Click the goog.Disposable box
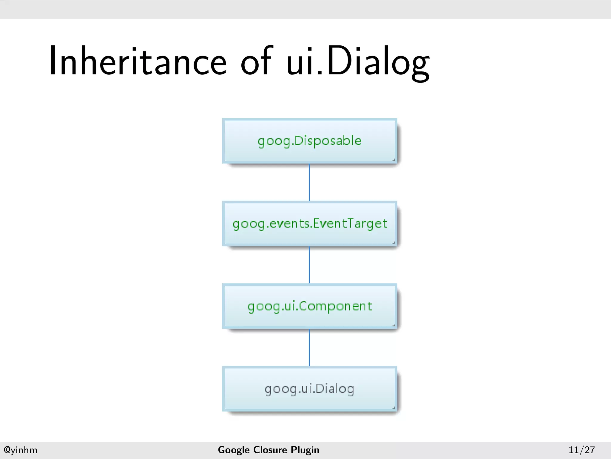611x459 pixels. click(309, 141)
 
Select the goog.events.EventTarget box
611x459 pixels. click(309, 224)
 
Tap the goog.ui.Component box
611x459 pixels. click(309, 306)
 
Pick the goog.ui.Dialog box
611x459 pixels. click(309, 389)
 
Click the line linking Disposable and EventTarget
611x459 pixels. click(309, 182)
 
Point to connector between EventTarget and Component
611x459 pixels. click(309, 265)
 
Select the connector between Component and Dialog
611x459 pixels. click(309, 348)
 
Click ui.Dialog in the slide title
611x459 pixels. click(358, 63)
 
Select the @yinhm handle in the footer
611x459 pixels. click(20, 450)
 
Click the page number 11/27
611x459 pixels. click(581, 450)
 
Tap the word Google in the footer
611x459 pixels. click(234, 450)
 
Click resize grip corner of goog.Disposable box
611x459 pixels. click(394, 160)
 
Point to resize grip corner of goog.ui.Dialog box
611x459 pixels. click(394, 408)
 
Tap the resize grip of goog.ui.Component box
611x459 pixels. click(394, 325)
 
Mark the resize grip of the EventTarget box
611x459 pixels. click(394, 243)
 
